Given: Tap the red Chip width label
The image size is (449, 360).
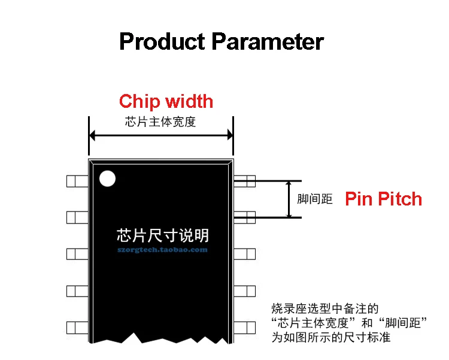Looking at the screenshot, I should coord(166,101).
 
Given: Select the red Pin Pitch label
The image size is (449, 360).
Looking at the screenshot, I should coord(383,199).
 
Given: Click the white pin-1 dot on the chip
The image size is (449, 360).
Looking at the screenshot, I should coord(107,179).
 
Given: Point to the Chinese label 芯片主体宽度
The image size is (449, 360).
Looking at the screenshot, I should coord(160,122).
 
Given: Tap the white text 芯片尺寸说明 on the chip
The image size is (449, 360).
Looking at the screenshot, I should coord(163,234).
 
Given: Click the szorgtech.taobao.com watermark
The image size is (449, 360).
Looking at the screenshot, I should coord(162,250).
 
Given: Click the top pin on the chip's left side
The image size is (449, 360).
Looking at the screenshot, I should coord(77,180).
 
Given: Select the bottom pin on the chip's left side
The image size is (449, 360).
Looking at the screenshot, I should coord(77,328).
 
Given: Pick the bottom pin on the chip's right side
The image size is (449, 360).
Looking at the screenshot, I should coord(244,328).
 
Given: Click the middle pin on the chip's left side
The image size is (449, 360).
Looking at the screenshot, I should coord(77,253).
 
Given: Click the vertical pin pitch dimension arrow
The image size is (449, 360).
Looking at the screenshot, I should coord(289,199).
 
